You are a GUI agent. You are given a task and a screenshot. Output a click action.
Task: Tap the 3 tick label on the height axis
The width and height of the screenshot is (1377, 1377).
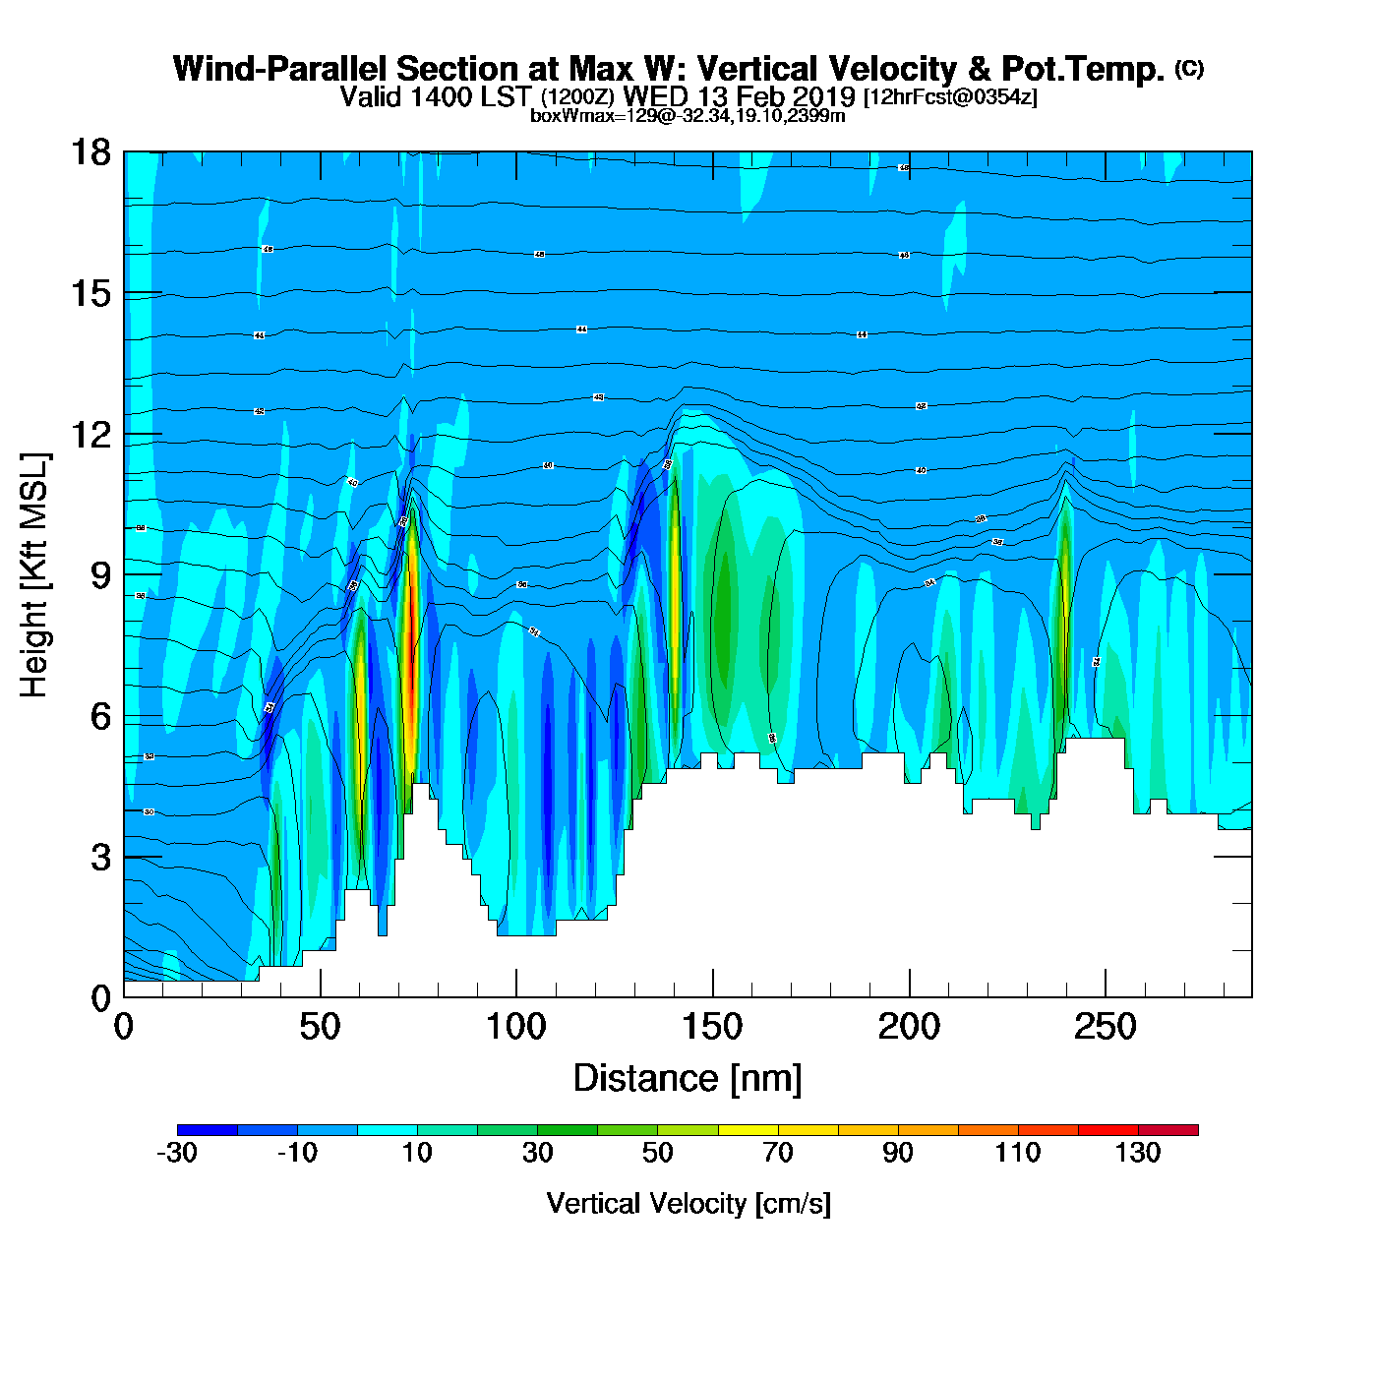point(100,858)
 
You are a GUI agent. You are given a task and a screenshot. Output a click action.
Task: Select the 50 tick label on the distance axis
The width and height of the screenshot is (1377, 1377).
point(320,1028)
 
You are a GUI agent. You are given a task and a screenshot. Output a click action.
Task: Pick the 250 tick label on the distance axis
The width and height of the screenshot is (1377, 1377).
point(1105,1028)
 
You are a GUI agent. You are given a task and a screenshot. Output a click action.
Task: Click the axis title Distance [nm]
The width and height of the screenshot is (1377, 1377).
point(688,1079)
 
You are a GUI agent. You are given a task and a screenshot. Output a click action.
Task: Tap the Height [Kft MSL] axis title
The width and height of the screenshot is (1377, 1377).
point(34,575)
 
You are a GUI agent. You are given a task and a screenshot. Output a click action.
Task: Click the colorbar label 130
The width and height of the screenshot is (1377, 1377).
point(1138,1153)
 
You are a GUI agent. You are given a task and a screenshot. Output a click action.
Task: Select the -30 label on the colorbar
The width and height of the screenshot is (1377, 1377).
point(177,1153)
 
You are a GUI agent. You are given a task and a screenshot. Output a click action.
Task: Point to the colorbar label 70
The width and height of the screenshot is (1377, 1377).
point(778,1153)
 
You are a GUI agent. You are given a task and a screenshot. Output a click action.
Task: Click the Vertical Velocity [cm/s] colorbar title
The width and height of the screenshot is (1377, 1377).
point(688,1203)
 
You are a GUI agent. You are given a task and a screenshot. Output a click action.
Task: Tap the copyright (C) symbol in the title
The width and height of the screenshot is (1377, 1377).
point(1189,68)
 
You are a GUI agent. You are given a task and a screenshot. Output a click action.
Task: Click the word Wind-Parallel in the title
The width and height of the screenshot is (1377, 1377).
point(278,70)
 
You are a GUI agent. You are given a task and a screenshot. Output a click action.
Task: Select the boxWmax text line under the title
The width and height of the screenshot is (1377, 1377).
point(688,116)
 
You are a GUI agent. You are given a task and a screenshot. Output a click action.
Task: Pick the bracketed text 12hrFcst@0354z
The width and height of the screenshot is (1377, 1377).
point(950,96)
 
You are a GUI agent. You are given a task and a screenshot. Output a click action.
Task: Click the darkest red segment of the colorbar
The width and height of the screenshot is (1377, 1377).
point(1168,1130)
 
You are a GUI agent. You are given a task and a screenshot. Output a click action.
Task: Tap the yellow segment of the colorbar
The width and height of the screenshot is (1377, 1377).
point(748,1130)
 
